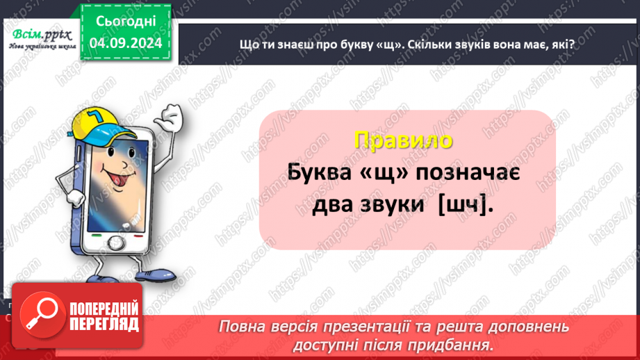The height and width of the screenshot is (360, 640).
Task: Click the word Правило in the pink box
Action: (403, 140)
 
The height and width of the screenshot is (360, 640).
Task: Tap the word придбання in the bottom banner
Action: (457, 344)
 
